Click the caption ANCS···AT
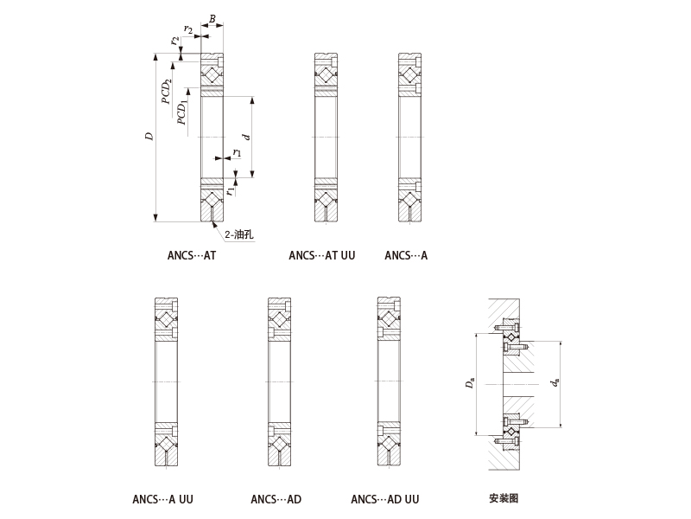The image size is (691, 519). click(192, 255)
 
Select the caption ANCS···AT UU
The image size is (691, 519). click(321, 255)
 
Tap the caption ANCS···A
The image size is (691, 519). click(406, 255)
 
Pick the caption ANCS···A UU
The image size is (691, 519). click(162, 499)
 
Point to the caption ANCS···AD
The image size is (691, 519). click(276, 499)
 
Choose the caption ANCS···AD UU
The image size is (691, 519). click(385, 499)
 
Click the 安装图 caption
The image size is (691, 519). click(504, 498)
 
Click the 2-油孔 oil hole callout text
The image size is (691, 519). click(239, 234)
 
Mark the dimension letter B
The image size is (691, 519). click(212, 19)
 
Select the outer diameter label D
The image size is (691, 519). click(149, 137)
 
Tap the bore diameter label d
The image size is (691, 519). click(247, 137)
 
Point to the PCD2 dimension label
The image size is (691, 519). click(166, 92)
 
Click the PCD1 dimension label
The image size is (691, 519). click(182, 113)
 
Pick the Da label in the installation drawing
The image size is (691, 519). click(470, 382)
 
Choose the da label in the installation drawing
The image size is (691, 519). click(555, 382)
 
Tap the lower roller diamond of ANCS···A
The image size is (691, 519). click(409, 200)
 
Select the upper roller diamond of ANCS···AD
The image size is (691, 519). click(279, 318)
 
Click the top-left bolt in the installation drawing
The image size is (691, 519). click(506, 328)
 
